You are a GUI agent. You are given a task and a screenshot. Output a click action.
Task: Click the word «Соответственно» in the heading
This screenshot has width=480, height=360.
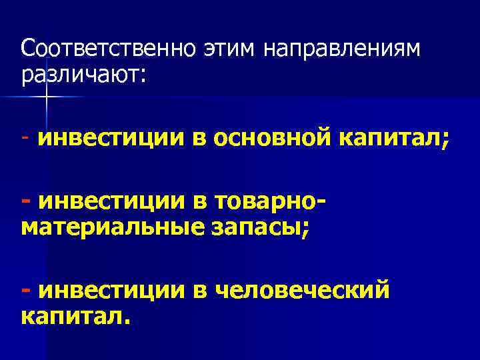tap(106, 49)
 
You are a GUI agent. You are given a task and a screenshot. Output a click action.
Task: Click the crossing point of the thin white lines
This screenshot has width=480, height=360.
tap(47, 97)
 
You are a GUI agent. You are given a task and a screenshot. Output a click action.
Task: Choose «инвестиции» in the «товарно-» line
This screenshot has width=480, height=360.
tap(109, 200)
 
